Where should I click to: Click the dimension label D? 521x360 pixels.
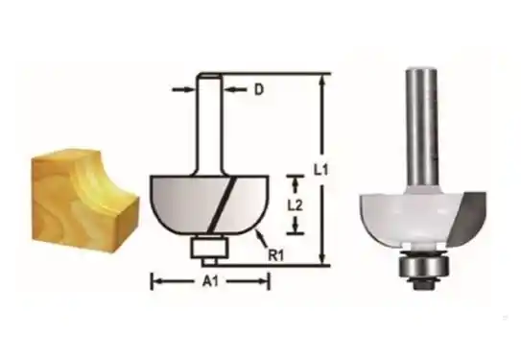[259, 89]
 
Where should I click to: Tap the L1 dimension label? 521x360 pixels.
[321, 170]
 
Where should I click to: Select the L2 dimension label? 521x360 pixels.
[295, 206]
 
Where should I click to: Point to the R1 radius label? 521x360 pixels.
[276, 256]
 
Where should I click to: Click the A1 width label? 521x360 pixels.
[211, 282]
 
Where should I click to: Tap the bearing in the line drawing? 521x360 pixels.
[210, 247]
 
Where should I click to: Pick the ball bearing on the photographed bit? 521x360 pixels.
[424, 266]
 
